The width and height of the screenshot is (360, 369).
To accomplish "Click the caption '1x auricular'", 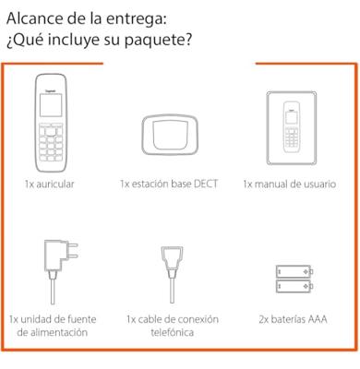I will [50, 184].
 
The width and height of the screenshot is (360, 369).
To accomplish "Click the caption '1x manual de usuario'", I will [290, 184].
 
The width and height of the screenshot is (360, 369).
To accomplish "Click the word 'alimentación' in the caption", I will [52, 333].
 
